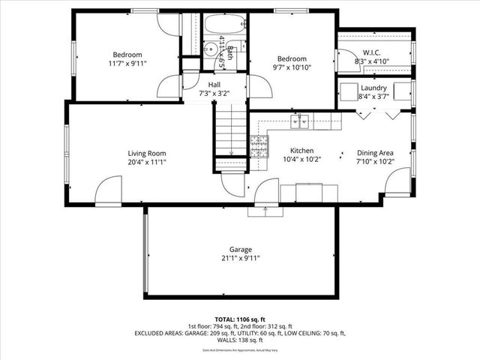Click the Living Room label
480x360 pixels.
(146, 153)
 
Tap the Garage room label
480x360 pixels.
(241, 249)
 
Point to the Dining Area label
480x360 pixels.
(375, 153)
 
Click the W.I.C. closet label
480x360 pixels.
(371, 52)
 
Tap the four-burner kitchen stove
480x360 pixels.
(259, 146)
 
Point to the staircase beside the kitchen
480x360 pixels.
(231, 135)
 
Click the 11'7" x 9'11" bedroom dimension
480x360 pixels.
(127, 64)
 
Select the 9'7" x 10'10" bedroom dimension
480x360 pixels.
(291, 68)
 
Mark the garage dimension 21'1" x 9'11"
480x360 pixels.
(241, 258)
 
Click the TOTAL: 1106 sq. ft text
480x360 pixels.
(240, 319)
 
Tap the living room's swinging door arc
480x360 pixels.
(109, 187)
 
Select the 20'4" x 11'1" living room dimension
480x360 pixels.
(146, 162)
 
